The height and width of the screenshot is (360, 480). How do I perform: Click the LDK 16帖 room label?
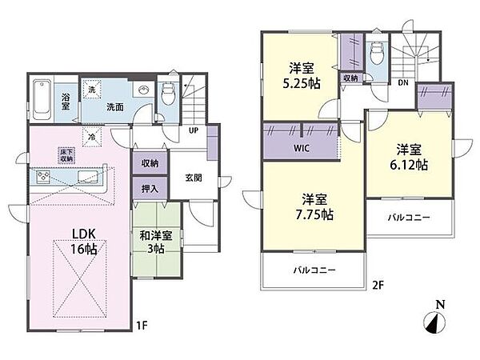84,242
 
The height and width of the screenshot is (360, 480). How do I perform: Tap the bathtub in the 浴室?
42,99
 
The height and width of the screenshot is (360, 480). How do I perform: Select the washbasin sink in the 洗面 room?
143,90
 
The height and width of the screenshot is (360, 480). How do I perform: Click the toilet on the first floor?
168,93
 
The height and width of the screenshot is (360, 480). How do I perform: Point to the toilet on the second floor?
376,52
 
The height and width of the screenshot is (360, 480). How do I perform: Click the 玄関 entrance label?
194,178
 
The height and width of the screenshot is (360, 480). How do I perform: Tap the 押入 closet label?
150,189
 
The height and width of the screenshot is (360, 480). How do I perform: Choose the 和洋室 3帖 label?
156,242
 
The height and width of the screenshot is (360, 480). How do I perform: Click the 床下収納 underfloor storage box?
66,155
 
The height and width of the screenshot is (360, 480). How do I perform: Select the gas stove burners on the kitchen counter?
43,177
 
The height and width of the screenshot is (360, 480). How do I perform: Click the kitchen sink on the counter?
87,176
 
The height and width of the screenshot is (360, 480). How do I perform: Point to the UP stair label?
194,130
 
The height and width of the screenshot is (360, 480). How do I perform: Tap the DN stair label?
403,82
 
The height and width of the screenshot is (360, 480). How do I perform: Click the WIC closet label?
302,149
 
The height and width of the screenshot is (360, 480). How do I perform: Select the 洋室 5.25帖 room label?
302,76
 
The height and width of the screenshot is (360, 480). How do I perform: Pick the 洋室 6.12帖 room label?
409,157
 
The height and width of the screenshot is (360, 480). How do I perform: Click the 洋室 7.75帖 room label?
314,207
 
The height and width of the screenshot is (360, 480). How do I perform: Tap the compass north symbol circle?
434,322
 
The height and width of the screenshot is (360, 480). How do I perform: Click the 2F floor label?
378,286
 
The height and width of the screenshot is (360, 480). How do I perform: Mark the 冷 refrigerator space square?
92,137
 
